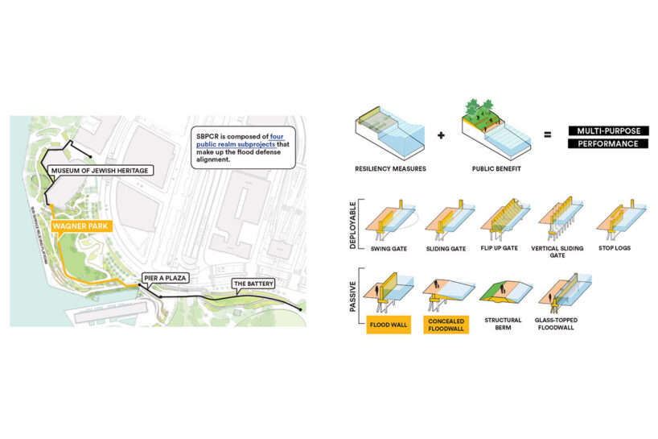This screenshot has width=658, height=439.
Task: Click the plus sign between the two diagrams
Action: click(441, 135)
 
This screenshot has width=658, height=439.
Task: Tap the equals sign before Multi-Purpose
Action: click(547, 135)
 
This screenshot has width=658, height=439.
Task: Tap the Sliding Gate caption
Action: click(447, 248)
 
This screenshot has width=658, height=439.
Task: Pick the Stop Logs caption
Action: click(616, 248)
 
